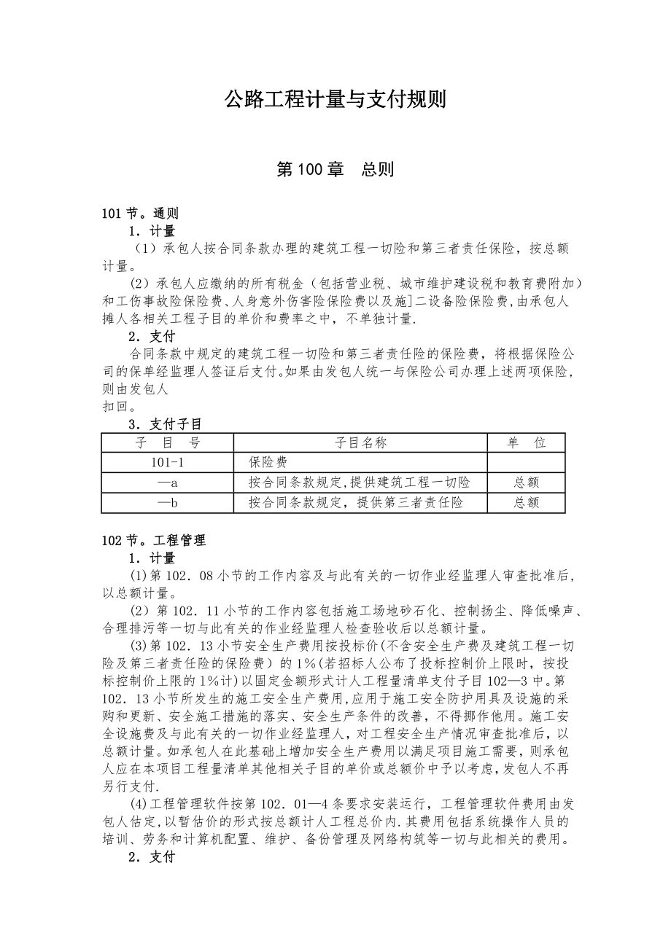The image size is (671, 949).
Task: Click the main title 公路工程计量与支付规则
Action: tap(335, 100)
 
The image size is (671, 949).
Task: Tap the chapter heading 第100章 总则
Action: tap(335, 170)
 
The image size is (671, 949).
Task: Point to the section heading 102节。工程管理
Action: tap(154, 540)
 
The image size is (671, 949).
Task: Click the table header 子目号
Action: tap(168, 442)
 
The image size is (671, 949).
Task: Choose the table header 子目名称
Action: tap(360, 442)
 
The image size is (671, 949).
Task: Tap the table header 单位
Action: tap(526, 442)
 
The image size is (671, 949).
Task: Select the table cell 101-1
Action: tap(168, 462)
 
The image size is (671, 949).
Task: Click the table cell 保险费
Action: tap(268, 462)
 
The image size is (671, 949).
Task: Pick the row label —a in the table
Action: tap(168, 483)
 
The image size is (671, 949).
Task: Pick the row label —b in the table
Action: tap(168, 502)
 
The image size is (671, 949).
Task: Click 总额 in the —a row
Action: tap(526, 483)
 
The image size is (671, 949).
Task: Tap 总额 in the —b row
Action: tap(526, 502)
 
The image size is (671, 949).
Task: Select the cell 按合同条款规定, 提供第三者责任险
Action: tap(355, 502)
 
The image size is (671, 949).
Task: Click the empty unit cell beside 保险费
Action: tap(526, 462)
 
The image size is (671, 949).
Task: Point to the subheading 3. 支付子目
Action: tap(165, 423)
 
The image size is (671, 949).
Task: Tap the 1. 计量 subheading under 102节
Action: tap(152, 558)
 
